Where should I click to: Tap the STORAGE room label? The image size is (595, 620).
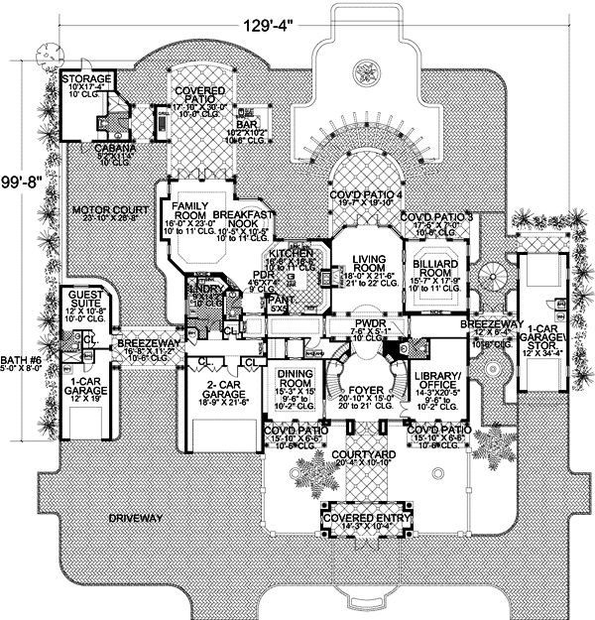[x=86, y=78]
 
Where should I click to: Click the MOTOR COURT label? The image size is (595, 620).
[x=110, y=211]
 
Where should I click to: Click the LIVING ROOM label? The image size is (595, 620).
[x=368, y=264]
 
